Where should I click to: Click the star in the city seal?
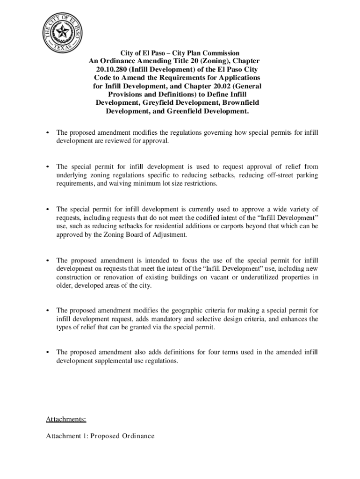pos(62,31)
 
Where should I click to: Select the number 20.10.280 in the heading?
pos(111,69)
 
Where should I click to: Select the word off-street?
pos(282,175)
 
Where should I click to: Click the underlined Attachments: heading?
pos(65,419)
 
